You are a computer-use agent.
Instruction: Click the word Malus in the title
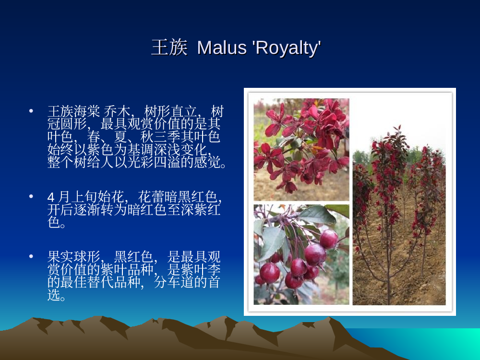coord(222,48)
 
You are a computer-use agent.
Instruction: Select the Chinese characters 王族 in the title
coord(169,48)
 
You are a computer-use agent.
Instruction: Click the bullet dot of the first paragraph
coord(31,111)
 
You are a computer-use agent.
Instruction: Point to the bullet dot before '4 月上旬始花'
coord(31,196)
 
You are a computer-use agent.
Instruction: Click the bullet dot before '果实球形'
coord(31,256)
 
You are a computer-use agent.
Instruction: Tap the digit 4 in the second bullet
coord(51,197)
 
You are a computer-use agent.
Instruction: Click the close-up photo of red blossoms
coord(301,149)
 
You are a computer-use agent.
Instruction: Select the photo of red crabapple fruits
coord(301,255)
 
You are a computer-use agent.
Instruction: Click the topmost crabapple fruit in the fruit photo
coord(329,239)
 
